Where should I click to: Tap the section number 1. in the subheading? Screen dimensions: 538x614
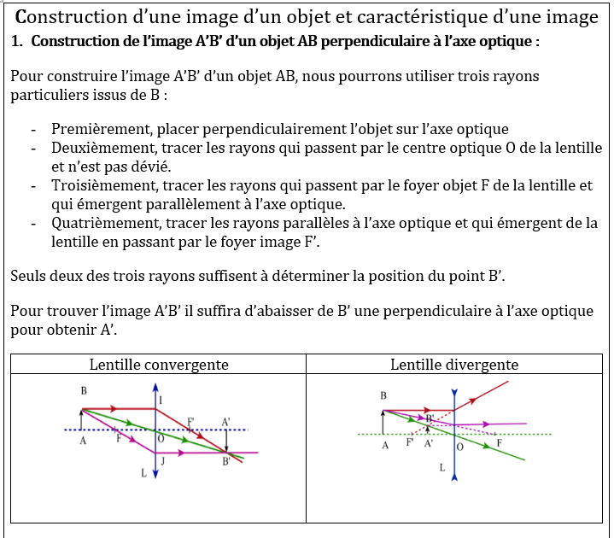tap(19, 41)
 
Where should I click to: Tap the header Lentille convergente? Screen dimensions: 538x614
tap(159, 365)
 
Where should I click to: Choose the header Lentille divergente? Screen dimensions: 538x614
tap(453, 365)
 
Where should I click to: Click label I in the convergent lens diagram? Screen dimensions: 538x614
tap(161, 400)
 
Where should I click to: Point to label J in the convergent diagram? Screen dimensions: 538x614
tap(161, 461)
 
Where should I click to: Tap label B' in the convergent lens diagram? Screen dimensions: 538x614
tap(225, 462)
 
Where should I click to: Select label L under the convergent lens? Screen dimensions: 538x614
tap(144, 472)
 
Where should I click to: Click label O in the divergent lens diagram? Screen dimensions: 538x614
tap(460, 447)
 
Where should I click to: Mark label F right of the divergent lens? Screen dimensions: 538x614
tap(500, 443)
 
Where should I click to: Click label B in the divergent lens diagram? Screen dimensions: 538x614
tap(383, 396)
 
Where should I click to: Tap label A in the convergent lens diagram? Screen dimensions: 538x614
tap(82, 441)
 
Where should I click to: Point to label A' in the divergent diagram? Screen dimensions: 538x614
tap(428, 445)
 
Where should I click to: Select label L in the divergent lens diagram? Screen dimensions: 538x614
tap(441, 467)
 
